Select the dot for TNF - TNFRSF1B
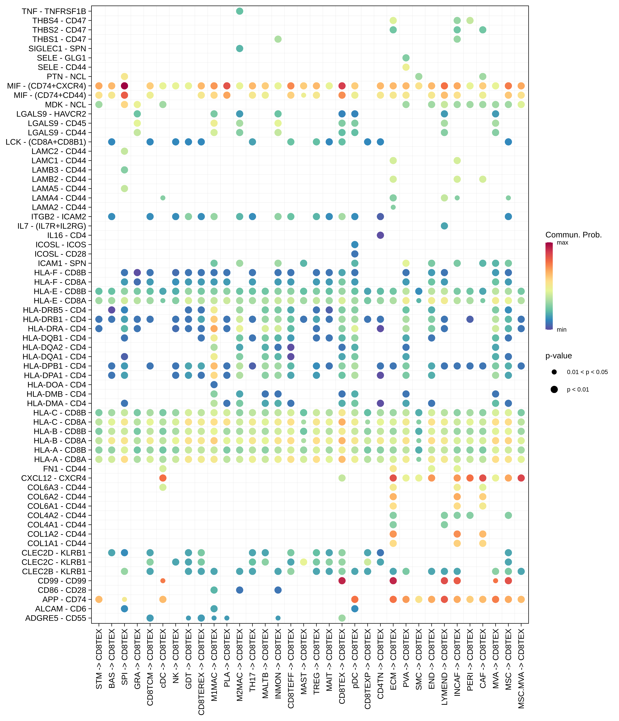point(239,11)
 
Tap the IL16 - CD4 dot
point(380,235)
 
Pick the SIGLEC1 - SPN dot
point(239,48)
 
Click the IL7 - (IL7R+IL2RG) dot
point(444,226)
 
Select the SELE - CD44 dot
point(406,67)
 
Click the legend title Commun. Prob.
point(573,235)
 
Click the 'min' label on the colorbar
point(562,329)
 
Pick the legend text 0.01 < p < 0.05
point(587,372)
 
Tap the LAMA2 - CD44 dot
point(393,207)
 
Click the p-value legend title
point(558,356)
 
